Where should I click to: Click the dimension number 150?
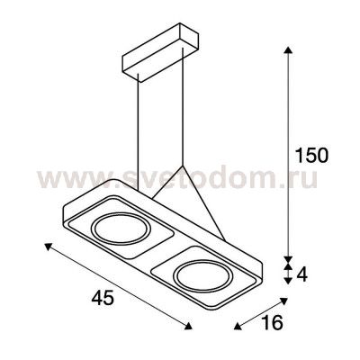coord(311,156)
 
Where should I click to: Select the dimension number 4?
coord(302,274)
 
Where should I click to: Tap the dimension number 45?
coord(103,299)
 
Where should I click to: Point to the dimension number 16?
coord(272,323)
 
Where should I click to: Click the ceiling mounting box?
coord(160,52)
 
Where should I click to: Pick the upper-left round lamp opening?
coord(121,229)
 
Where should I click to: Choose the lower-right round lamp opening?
coord(203,276)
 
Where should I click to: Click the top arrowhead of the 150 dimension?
coord(288,49)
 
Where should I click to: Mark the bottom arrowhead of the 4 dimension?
coord(288,281)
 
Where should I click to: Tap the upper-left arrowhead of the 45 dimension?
coord(49,247)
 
